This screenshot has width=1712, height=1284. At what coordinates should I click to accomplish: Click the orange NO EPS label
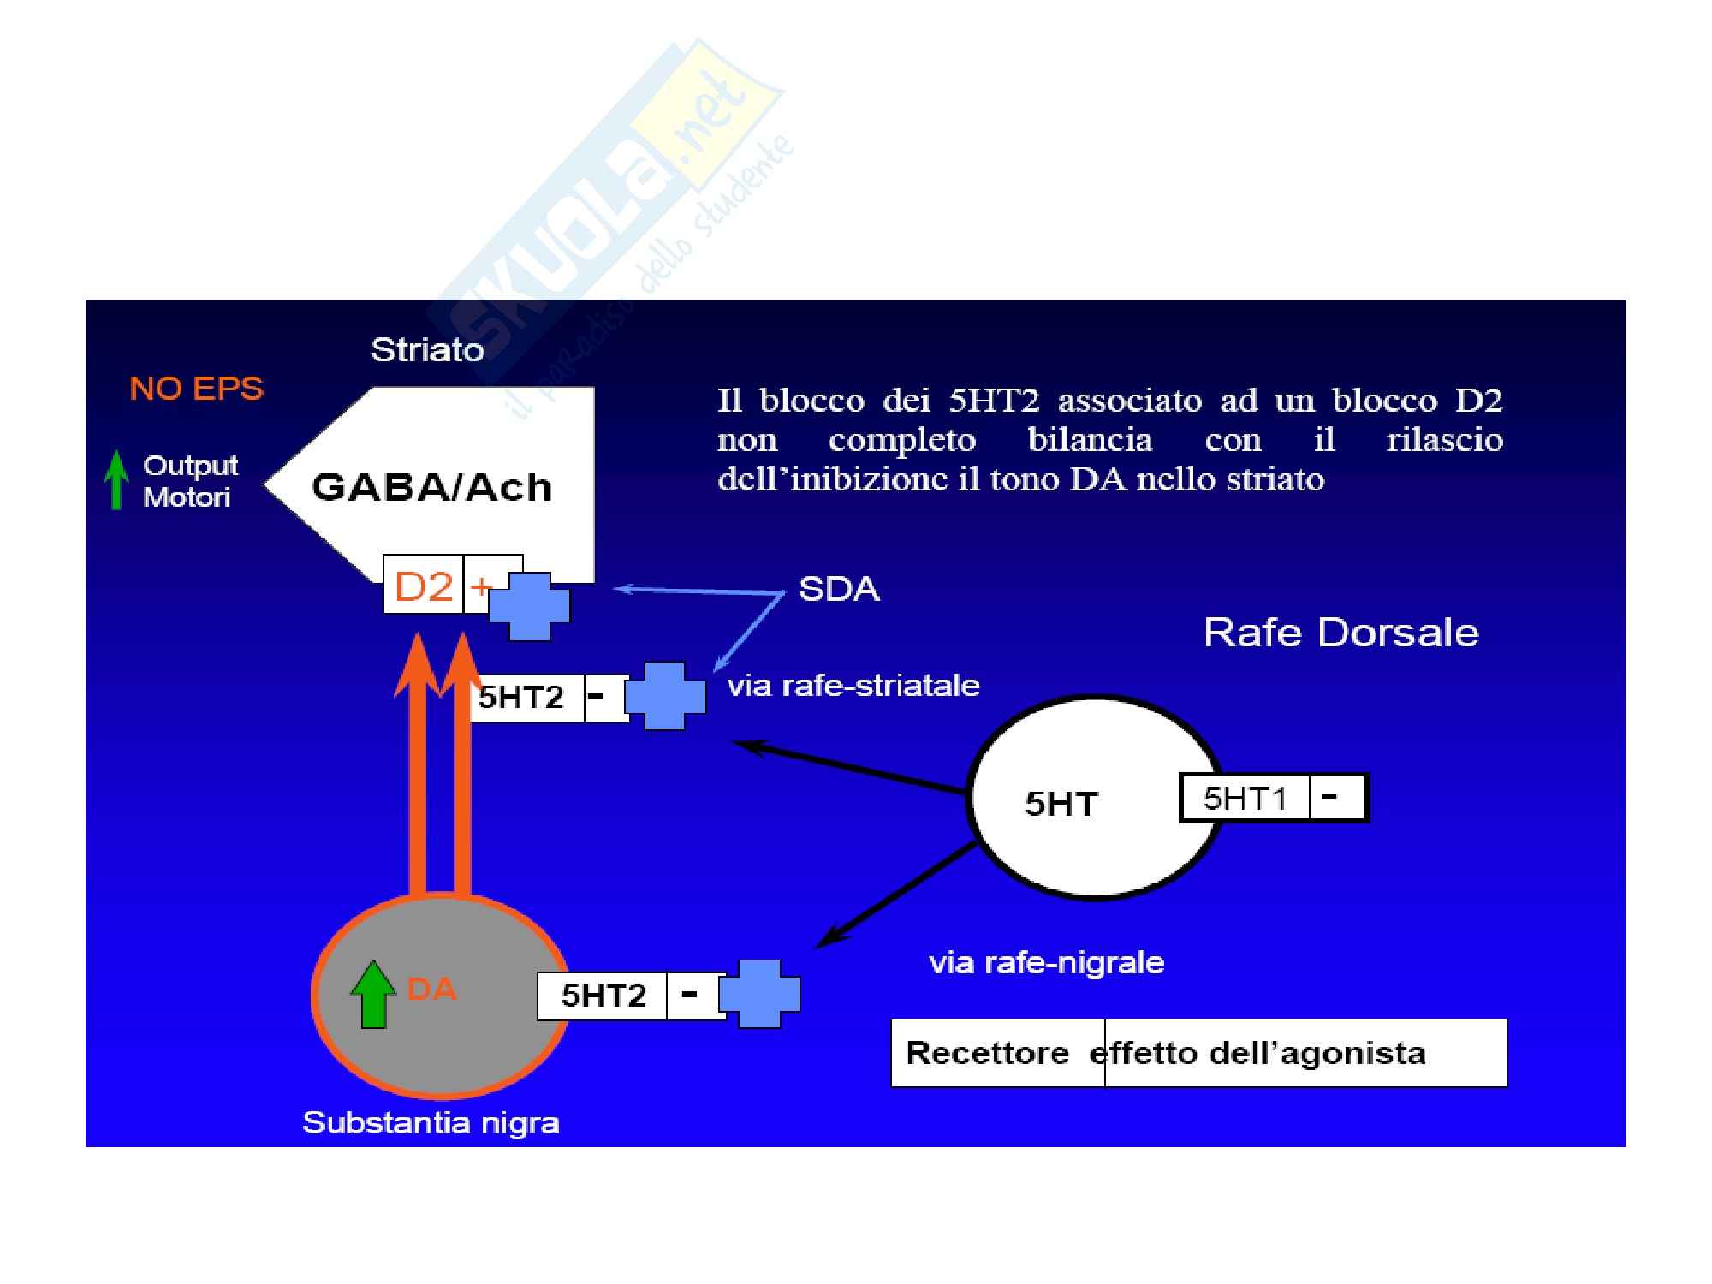point(196,389)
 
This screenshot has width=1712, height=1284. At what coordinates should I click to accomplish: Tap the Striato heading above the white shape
point(427,349)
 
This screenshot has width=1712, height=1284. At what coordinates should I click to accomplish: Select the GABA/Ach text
point(431,487)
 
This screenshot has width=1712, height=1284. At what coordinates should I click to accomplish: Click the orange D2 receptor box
point(424,586)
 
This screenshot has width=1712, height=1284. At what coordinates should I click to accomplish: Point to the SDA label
point(838,589)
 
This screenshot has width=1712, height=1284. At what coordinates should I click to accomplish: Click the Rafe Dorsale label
point(1340,633)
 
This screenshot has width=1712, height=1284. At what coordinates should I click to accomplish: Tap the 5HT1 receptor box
point(1245,798)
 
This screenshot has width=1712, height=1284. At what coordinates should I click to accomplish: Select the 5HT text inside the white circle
point(1061,804)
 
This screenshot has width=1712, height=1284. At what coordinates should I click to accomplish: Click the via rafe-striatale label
point(853,685)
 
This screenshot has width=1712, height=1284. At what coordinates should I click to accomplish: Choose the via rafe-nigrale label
point(1046,962)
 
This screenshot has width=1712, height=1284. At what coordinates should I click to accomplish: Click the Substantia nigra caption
point(431,1122)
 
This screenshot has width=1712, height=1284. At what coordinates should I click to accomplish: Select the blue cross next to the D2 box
point(529,606)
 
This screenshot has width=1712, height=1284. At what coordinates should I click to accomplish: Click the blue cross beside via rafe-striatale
point(665,695)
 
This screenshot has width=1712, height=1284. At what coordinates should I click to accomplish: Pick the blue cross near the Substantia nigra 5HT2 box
point(759,993)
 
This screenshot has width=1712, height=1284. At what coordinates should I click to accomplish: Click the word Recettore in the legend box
point(987,1052)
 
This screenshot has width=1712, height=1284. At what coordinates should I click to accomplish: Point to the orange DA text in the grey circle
point(431,990)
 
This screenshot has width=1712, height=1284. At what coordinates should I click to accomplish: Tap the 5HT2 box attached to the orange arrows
point(521,697)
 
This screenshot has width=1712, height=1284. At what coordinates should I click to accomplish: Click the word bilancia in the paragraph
point(1090,440)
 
